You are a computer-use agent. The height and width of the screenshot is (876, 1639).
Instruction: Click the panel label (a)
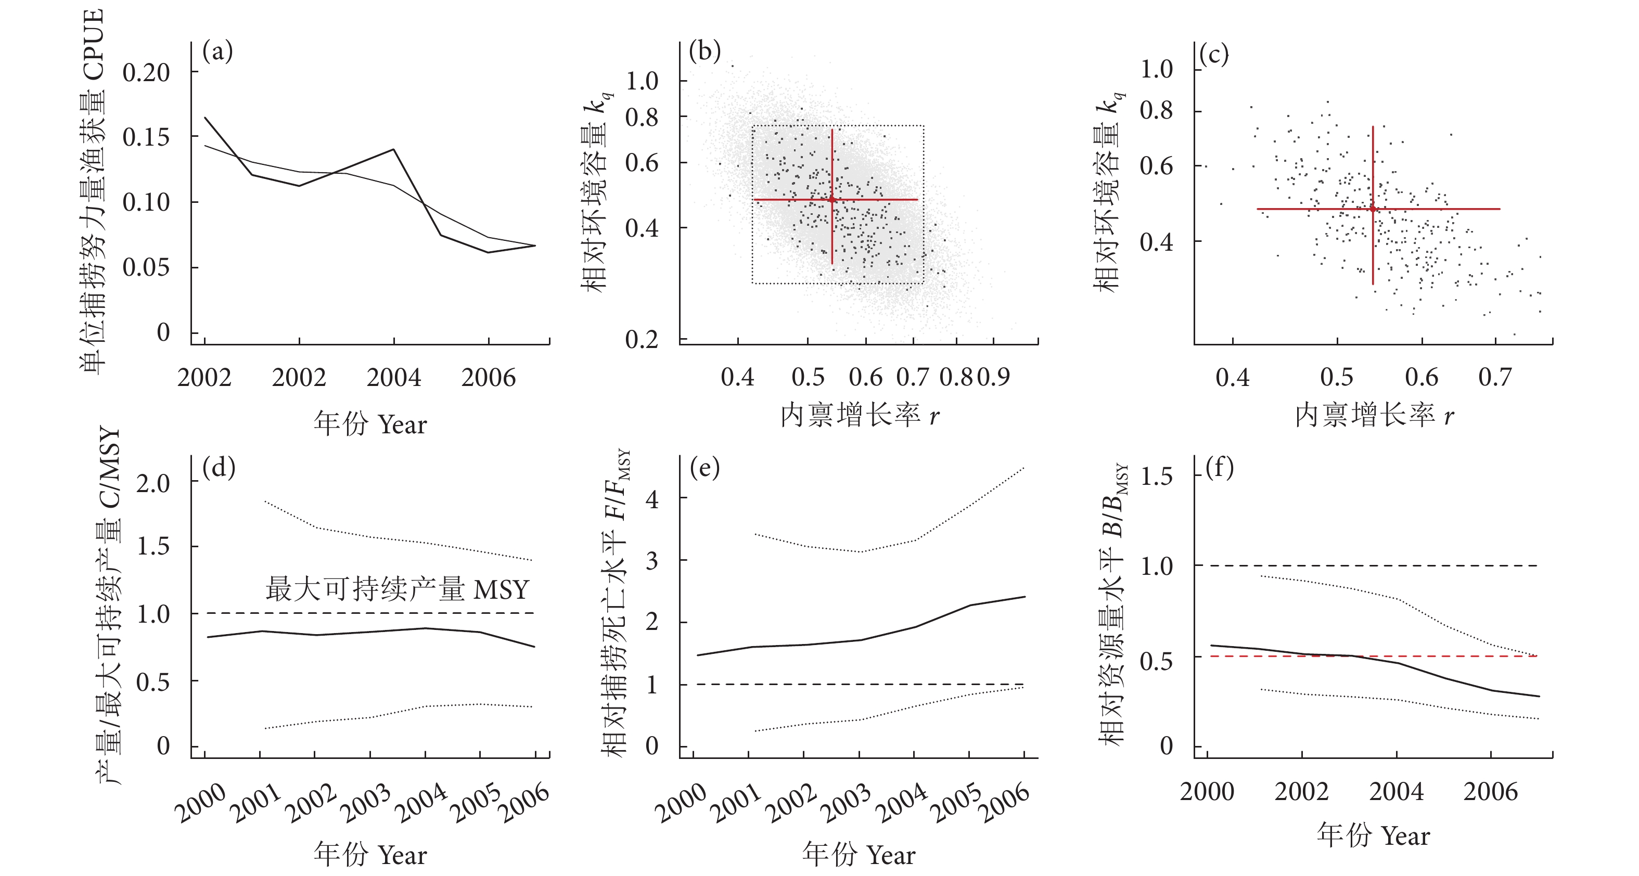(x=217, y=51)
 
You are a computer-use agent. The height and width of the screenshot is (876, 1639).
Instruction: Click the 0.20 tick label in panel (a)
(x=146, y=72)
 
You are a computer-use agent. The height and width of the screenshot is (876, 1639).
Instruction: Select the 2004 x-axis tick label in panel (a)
(x=394, y=378)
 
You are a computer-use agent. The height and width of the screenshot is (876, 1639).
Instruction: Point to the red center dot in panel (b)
(x=832, y=200)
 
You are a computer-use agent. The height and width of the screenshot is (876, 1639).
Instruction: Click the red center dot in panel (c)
(x=1373, y=209)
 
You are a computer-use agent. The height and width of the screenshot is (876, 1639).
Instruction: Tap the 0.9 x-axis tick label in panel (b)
(x=994, y=377)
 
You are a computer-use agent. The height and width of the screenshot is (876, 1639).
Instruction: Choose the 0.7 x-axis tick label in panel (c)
(x=1494, y=377)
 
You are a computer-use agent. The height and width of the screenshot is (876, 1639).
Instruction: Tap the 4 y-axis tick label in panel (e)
(x=652, y=499)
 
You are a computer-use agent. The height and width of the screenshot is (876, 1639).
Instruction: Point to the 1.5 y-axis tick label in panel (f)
(x=1157, y=476)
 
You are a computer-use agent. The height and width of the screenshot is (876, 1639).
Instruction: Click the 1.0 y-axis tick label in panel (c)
(x=1157, y=69)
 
